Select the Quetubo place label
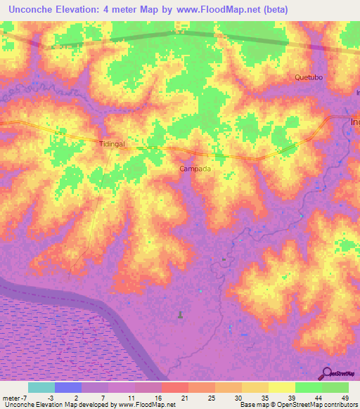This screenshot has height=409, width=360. click(309, 77)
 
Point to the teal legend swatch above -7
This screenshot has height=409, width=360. click(41, 387)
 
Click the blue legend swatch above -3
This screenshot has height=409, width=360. click(68, 387)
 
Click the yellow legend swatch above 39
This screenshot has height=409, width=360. click(282, 387)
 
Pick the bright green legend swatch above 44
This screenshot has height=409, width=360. click(309, 387)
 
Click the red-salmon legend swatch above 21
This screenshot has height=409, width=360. click(175, 387)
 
